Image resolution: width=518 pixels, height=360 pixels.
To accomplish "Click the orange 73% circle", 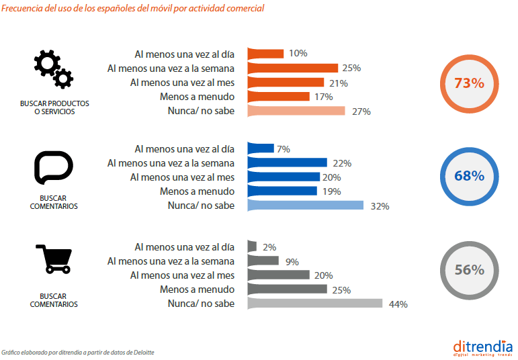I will pyautogui.click(x=469, y=83).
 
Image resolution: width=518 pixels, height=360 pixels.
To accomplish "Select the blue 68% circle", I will pyautogui.click(x=469, y=177).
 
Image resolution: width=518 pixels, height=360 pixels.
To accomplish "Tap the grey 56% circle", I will pyautogui.click(x=469, y=270).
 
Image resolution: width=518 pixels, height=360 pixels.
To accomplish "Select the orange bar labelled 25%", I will pyautogui.click(x=292, y=68).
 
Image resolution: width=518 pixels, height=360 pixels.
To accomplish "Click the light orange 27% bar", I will pyautogui.click(x=296, y=111).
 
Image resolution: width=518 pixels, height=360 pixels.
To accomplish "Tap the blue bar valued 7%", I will pyautogui.click(x=261, y=148).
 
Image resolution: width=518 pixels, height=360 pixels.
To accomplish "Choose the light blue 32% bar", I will pyautogui.click(x=306, y=206).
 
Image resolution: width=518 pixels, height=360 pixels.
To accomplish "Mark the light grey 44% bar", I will pyautogui.click(x=315, y=304).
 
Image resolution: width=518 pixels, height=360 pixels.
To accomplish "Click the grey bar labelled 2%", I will pyautogui.click(x=252, y=246).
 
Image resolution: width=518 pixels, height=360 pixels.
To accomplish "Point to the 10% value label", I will pyautogui.click(x=298, y=53).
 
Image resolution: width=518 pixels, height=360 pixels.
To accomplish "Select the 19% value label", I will pyautogui.click(x=331, y=191).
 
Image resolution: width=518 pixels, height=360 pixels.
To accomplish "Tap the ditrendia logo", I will pyautogui.click(x=482, y=347).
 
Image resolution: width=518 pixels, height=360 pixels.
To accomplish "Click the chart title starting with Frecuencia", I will pyautogui.click(x=132, y=9).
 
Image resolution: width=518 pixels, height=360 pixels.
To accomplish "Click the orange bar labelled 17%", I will pyautogui.click(x=278, y=97).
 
